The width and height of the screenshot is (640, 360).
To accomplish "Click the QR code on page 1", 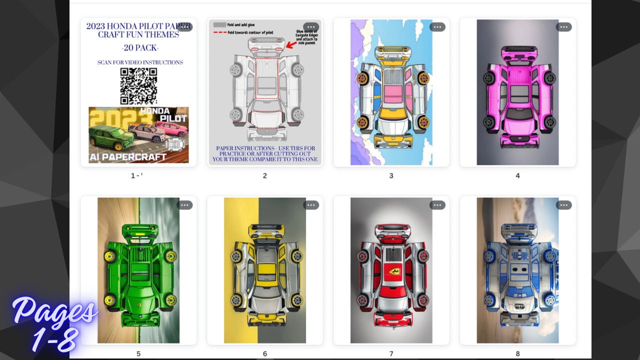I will pyautogui.click(x=138, y=85).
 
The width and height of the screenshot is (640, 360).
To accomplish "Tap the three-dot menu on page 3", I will pyautogui.click(x=437, y=27).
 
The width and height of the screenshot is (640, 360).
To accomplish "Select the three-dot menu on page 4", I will pyautogui.click(x=563, y=27).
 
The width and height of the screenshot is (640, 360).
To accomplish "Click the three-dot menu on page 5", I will pyautogui.click(x=184, y=205).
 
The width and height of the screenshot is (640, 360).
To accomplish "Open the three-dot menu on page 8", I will pyautogui.click(x=563, y=205).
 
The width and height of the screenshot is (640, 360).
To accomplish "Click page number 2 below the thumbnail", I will pyautogui.click(x=265, y=175).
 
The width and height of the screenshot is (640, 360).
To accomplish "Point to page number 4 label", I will pyautogui.click(x=517, y=175).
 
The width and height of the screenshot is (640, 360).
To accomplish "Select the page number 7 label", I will pyautogui.click(x=391, y=353).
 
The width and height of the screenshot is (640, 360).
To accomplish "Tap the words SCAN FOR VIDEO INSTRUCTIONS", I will pyautogui.click(x=140, y=62).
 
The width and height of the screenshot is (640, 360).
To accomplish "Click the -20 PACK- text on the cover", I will pyautogui.click(x=140, y=48).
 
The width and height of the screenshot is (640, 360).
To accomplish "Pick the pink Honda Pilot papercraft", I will pyautogui.click(x=517, y=95).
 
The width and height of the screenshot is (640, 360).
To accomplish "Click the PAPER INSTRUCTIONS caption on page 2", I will pyautogui.click(x=265, y=153).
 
